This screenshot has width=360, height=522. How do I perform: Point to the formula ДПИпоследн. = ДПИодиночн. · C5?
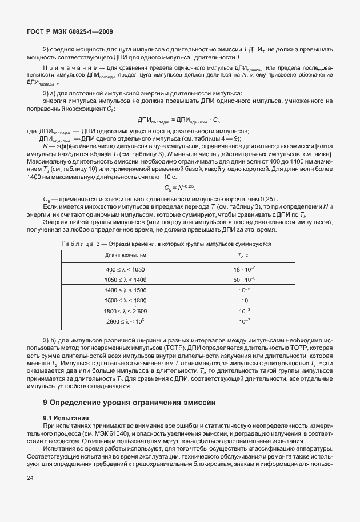pos(179,119)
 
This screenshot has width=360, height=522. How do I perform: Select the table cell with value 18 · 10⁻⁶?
pos(243,269)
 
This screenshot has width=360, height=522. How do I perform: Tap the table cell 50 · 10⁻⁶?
pos(243,279)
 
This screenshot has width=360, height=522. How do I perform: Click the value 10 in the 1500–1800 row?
pos(243,300)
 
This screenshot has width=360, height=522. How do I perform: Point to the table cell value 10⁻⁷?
pos(243,321)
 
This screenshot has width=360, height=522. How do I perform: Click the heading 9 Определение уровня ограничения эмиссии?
pos(126,403)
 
